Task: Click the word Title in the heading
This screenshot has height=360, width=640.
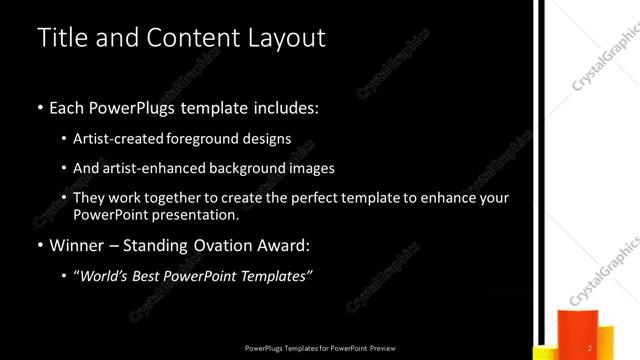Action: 61,38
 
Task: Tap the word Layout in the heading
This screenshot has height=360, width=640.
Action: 285,38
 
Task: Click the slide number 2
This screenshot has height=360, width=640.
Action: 590,347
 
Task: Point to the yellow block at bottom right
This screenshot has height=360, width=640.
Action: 545,353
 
